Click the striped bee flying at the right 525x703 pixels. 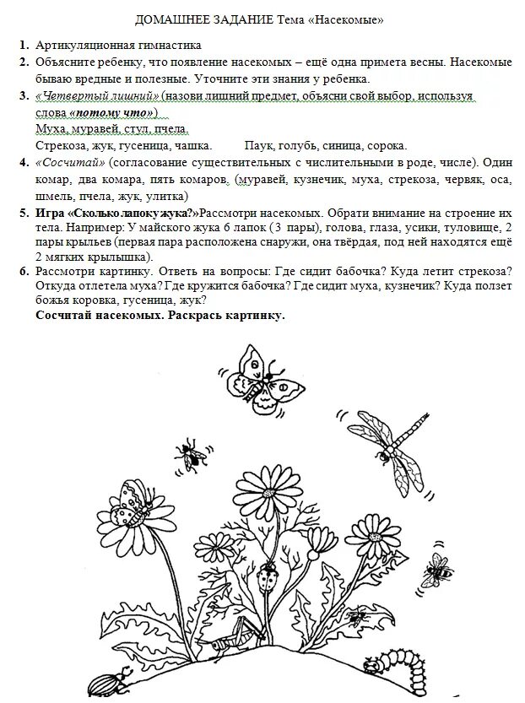(438, 571)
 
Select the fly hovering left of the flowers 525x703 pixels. (193, 454)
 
